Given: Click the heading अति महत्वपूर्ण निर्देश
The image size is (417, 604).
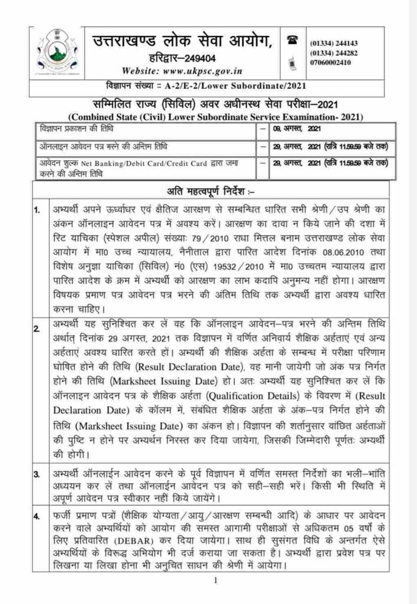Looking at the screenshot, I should click(207, 191).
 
